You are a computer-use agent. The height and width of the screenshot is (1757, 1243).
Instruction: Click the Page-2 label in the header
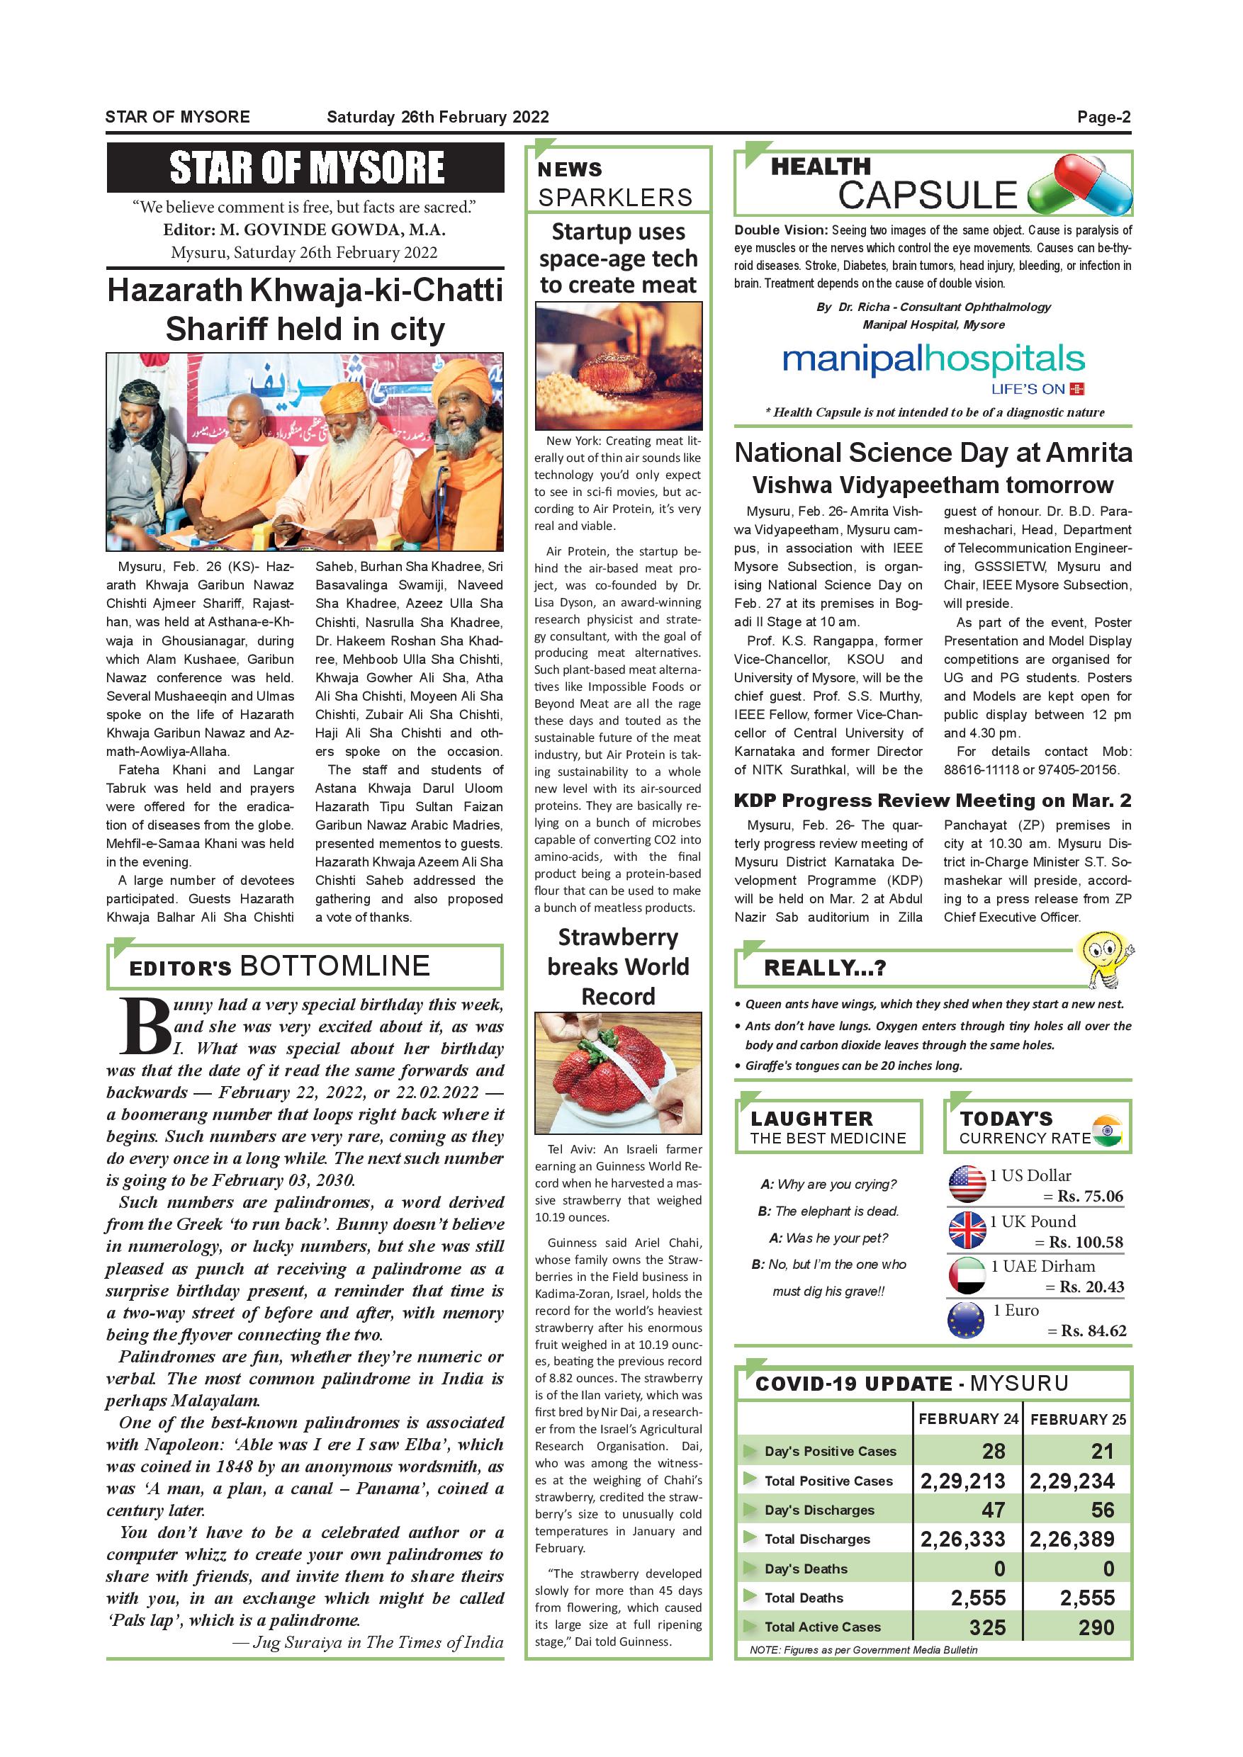1103,117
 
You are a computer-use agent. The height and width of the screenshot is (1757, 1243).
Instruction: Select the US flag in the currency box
967,1184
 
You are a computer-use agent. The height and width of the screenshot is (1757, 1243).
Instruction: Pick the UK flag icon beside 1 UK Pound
967,1230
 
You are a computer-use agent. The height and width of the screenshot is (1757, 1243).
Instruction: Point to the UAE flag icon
967,1276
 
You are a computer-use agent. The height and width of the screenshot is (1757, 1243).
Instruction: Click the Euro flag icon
966,1320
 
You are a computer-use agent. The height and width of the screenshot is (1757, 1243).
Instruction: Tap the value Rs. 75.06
1090,1196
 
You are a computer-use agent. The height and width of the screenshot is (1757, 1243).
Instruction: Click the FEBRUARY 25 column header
1078,1420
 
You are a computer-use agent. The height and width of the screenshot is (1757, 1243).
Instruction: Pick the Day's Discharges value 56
1102,1510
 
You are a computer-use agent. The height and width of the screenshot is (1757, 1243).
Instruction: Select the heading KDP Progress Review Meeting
933,801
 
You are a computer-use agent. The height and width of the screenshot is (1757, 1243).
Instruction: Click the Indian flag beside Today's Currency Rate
1107,1130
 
